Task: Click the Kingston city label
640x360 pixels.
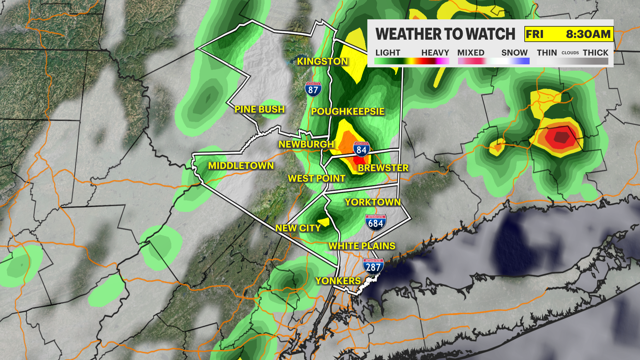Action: click(322, 61)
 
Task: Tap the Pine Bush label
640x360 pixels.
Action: click(259, 109)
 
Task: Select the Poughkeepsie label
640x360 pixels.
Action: click(348, 111)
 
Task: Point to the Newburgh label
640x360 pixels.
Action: click(306, 144)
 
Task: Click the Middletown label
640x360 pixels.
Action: click(241, 166)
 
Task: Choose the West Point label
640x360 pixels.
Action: click(316, 179)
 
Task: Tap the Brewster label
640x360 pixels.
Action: click(383, 168)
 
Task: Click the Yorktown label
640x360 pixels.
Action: click(373, 202)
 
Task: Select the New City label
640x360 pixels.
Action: click(298, 228)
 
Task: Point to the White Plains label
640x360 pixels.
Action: click(362, 246)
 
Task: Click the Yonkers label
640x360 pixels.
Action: click(338, 281)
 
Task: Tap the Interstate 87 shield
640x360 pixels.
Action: click(313, 89)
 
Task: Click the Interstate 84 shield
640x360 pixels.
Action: click(361, 149)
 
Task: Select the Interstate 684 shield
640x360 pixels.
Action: click(376, 223)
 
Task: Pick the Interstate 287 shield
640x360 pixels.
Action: click(373, 266)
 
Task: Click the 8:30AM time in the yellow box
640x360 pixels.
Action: click(588, 34)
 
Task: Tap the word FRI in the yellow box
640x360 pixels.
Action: click(534, 34)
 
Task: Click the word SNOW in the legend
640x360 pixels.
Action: click(514, 53)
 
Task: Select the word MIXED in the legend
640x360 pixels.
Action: click(471, 53)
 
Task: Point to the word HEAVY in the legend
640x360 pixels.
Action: click(435, 53)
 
